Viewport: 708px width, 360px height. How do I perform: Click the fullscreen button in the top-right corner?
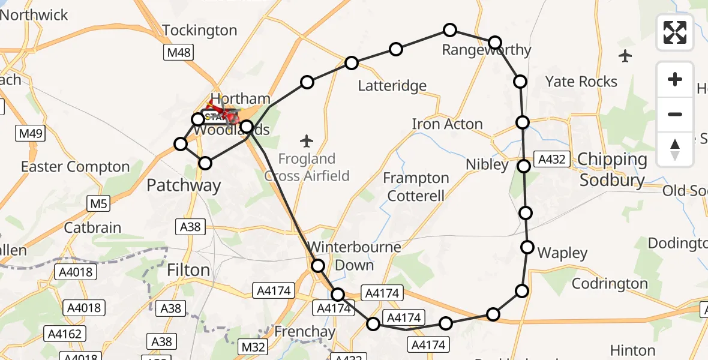[x=675, y=32]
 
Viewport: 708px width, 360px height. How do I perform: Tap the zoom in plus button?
[x=675, y=80]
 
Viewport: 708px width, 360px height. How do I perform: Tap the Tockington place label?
[x=200, y=30]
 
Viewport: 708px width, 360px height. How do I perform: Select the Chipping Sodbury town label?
[x=611, y=170]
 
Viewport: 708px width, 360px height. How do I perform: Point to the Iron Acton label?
[x=447, y=124]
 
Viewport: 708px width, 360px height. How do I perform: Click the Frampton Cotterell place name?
[x=416, y=187]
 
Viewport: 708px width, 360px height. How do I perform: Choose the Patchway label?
[x=184, y=185]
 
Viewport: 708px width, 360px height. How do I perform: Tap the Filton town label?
[x=188, y=271]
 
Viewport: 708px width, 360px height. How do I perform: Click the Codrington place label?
[x=610, y=283]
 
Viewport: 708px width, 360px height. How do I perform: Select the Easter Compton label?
[x=75, y=167]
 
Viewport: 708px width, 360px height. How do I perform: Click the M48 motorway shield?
[x=179, y=53]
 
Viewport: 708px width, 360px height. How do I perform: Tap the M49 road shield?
[x=31, y=133]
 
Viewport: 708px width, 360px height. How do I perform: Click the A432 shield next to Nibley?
[x=551, y=159]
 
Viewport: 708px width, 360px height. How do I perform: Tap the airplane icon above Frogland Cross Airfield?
[x=307, y=142]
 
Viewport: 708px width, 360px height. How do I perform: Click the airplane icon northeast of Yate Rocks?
[x=625, y=56]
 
